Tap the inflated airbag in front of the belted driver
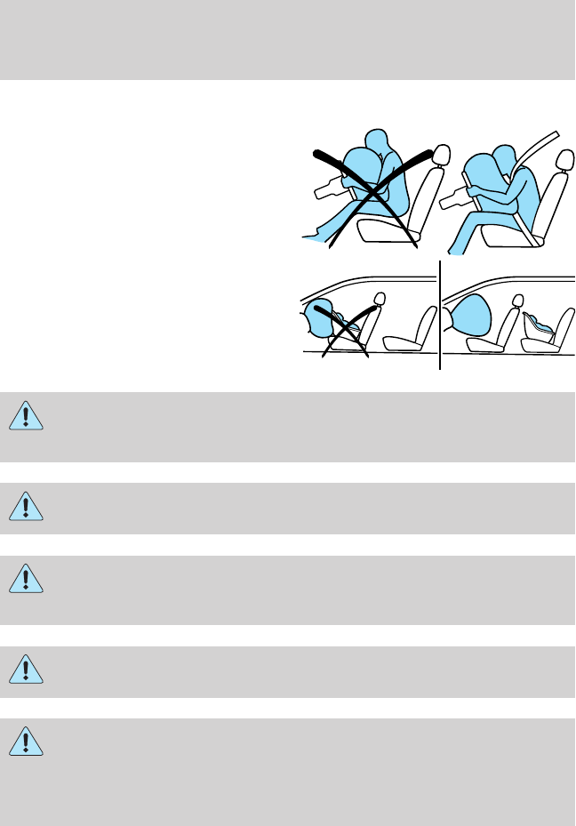coord(485,169)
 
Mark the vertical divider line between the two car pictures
coord(439,315)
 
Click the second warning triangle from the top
coord(28,506)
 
